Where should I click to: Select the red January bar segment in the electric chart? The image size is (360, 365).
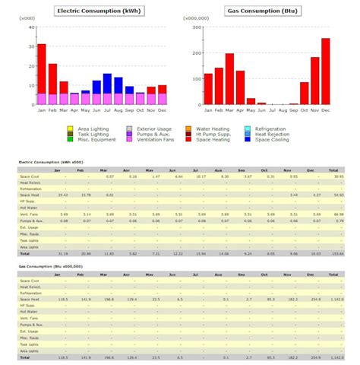click(42, 68)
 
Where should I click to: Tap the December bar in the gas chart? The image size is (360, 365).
click(325, 71)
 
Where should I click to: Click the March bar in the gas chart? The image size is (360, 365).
click(229, 79)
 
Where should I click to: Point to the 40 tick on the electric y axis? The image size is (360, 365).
click(31, 27)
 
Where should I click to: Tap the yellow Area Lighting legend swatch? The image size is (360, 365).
click(70, 129)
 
